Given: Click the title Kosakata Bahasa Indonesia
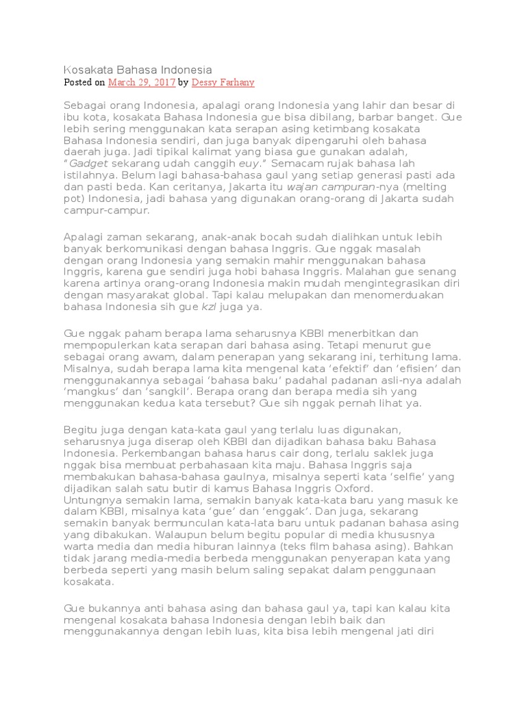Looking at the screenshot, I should (138, 70).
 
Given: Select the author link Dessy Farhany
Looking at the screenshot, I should (223, 83).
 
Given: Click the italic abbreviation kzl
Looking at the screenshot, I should (209, 307).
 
